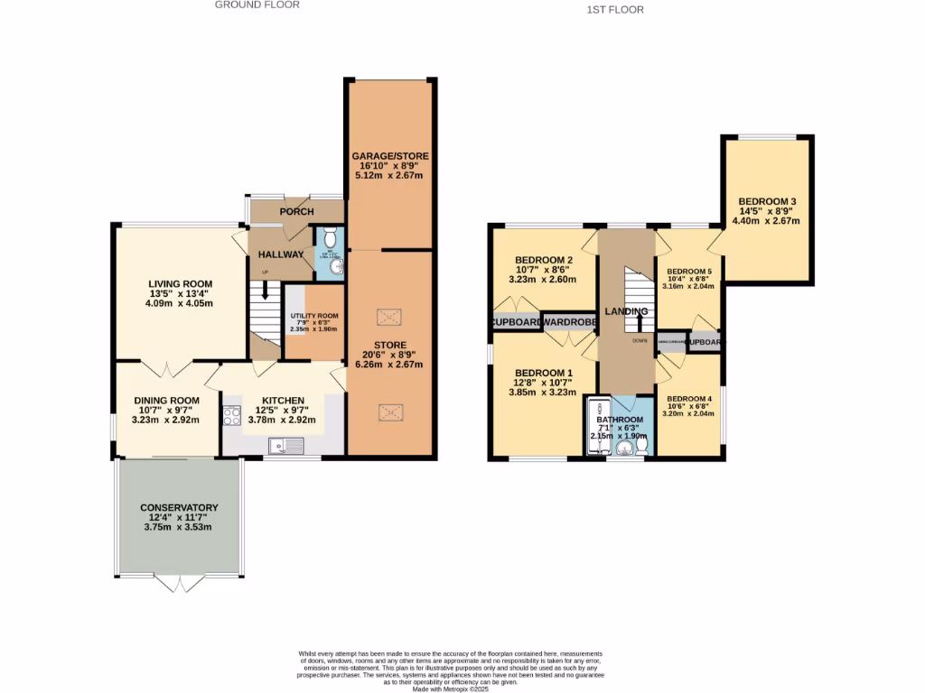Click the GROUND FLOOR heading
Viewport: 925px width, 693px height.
pyautogui.click(x=257, y=5)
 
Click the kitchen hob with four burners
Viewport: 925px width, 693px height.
pyautogui.click(x=231, y=416)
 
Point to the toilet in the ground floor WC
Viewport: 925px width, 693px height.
pyautogui.click(x=331, y=239)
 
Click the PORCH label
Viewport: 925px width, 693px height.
pyautogui.click(x=296, y=212)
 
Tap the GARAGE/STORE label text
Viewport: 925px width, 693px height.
pyautogui.click(x=390, y=156)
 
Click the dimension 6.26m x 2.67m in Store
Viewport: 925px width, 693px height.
pyautogui.click(x=390, y=365)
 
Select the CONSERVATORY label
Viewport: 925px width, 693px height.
pyautogui.click(x=179, y=507)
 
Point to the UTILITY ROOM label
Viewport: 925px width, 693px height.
pyautogui.click(x=313, y=314)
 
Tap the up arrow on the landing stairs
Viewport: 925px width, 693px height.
pyautogui.click(x=640, y=321)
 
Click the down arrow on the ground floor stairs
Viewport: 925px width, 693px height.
pyautogui.click(x=265, y=291)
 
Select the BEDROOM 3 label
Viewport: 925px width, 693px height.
pyautogui.click(x=767, y=201)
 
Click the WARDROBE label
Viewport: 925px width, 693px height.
pyautogui.click(x=569, y=322)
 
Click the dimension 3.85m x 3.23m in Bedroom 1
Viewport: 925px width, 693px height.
pyautogui.click(x=546, y=393)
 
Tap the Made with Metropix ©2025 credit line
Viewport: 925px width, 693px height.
pyautogui.click(x=451, y=688)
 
